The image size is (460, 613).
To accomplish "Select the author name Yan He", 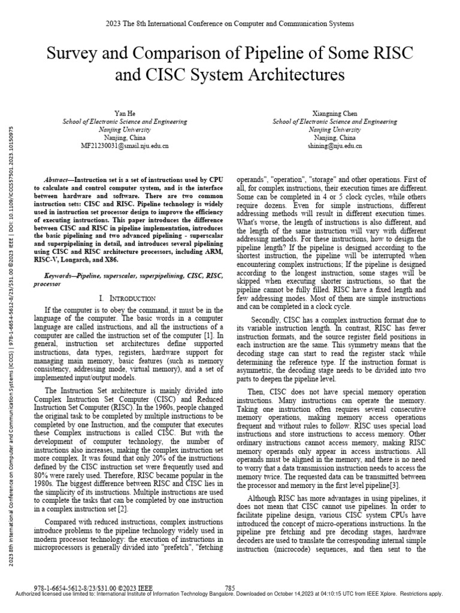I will coord(125,113).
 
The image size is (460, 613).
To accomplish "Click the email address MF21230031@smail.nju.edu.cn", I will coord(125,145).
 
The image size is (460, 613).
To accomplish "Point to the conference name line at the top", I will coord(229,23).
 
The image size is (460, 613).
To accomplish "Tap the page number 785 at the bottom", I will coord(229,587).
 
